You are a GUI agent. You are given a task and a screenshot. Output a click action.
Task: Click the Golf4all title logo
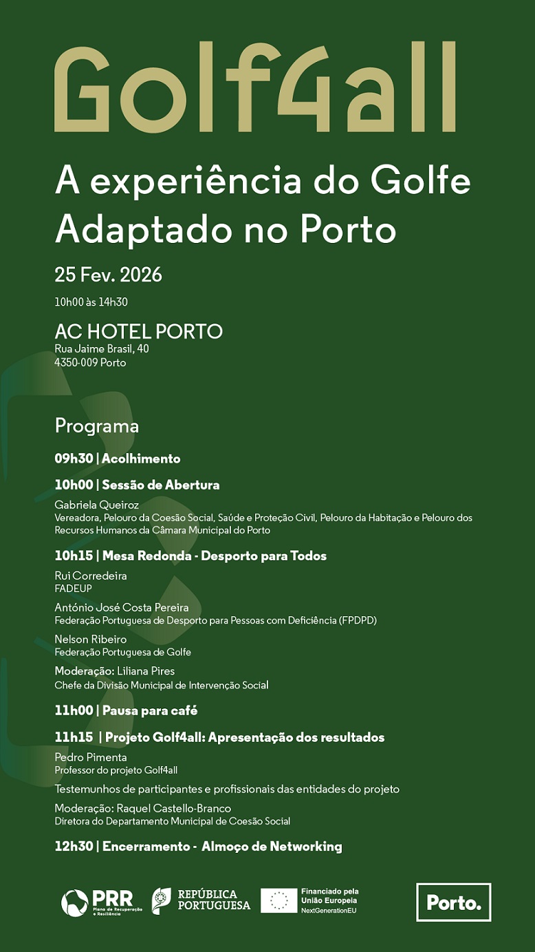tap(254, 87)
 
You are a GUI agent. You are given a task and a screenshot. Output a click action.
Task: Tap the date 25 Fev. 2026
tap(108, 275)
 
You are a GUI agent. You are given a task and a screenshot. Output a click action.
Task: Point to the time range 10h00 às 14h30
tap(91, 302)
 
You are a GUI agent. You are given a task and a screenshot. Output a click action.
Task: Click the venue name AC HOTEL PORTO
tap(138, 331)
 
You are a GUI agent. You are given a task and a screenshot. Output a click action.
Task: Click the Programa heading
tap(96, 425)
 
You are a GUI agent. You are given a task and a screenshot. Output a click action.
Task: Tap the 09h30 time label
tap(73, 458)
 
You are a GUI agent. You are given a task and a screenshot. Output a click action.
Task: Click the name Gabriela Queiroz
tap(96, 505)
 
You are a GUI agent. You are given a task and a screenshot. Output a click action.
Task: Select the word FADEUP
tap(73, 589)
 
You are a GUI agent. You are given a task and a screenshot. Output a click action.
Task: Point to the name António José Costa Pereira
tap(121, 607)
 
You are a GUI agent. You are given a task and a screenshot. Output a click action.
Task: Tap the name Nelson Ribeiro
tap(91, 639)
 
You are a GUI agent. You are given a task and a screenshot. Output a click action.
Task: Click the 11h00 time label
tap(73, 710)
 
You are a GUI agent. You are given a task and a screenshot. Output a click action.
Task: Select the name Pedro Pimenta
tap(91, 757)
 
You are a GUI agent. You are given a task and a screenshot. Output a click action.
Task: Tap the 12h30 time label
tap(73, 847)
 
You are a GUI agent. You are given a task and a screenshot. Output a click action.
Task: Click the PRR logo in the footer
tap(96, 902)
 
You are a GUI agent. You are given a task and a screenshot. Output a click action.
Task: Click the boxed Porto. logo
tap(453, 902)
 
